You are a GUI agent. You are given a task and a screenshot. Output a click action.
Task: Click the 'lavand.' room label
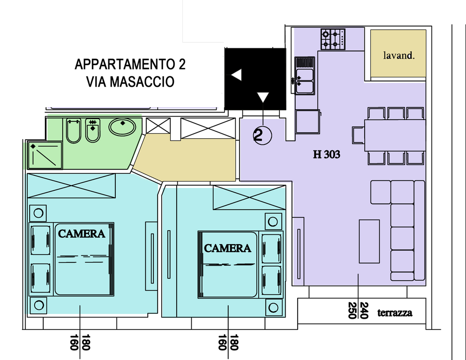click(398, 55)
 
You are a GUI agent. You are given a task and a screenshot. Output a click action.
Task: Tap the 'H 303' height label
click(326, 155)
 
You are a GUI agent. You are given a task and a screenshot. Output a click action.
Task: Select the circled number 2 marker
click(263, 135)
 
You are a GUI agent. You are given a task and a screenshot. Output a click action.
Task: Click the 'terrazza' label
click(395, 313)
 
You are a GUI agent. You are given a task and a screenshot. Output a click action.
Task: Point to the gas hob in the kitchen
click(333, 39)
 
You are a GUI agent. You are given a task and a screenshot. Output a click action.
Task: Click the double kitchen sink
click(305, 76)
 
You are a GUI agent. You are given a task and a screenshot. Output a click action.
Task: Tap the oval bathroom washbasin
click(122, 127)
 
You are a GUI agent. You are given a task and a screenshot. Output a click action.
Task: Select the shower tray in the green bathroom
click(45, 155)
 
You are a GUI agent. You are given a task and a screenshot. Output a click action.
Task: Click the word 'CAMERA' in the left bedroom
click(82, 234)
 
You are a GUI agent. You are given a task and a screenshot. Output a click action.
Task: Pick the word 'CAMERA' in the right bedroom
click(227, 248)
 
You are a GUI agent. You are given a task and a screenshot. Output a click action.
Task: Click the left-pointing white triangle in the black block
click(237, 75)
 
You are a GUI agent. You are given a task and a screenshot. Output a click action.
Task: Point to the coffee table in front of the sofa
click(369, 241)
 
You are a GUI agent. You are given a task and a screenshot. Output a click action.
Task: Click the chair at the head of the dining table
click(359, 135)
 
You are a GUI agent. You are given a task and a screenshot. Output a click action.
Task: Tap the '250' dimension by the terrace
click(352, 310)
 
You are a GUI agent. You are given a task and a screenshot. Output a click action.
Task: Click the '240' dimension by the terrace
click(364, 310)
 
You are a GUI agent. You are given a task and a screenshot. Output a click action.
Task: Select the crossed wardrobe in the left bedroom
click(71, 186)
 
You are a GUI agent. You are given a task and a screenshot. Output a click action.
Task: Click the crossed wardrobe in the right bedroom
click(249, 198)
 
